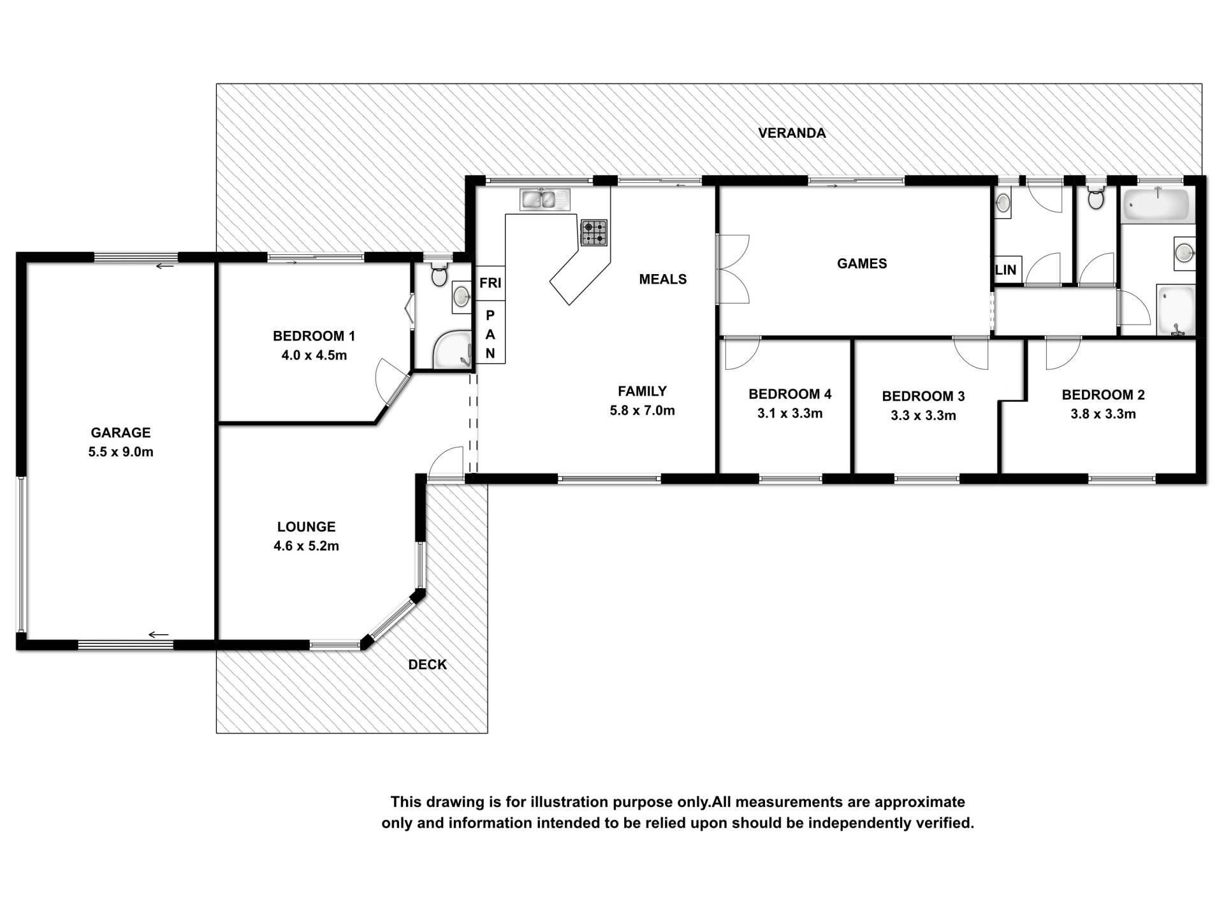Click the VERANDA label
coord(792,133)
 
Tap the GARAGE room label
coord(120,433)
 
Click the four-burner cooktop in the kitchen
coord(594,233)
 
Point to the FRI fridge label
coord(490,283)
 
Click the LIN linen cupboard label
coord(1006,270)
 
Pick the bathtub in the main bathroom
coord(1156,205)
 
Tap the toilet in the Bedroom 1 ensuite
coord(439,275)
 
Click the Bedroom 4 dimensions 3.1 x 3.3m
coord(790,414)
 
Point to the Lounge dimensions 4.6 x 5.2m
coord(306,546)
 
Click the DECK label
coord(427,665)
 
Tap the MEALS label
coord(663,279)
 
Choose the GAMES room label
coord(862,264)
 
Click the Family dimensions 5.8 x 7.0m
coord(642,411)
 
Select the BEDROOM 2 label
coord(1103,395)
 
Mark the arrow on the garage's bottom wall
coord(158,634)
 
